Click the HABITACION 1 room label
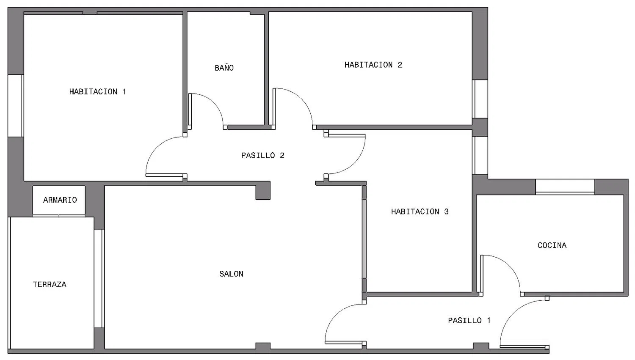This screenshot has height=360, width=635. tap(97, 92)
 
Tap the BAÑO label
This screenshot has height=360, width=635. tap(224, 68)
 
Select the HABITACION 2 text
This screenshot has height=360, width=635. tap(373, 65)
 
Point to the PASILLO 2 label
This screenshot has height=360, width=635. tap(263, 156)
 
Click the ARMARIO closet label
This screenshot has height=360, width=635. tap(60, 200)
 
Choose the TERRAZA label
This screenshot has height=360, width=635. tap(50, 284)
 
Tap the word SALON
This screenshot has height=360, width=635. tap(231, 274)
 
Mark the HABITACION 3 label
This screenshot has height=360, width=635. tap(420, 212)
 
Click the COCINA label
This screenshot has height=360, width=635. tap(552, 245)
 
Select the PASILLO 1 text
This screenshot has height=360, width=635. tap(469, 321)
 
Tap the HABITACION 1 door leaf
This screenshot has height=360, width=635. tap(164, 176)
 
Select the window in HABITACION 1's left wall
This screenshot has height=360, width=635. tap(15, 106)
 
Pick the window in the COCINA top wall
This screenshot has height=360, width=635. tap(565, 187)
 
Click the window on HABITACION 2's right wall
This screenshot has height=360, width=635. tap(480, 99)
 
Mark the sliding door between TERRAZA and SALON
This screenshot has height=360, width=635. tap(99, 278)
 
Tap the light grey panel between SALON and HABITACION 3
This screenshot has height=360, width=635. tap(364, 239)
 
